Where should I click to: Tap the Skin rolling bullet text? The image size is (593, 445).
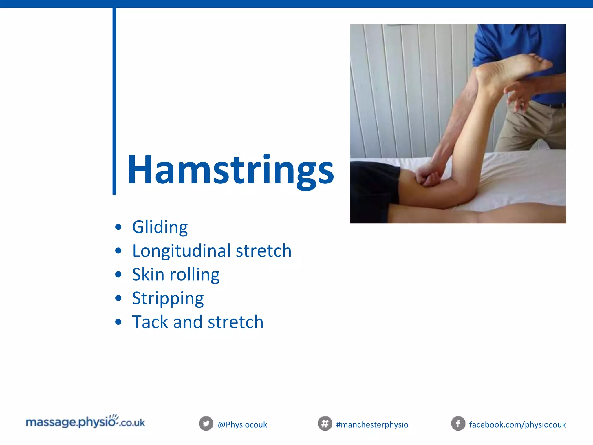click(176, 274)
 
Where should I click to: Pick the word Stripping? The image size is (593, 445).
click(168, 298)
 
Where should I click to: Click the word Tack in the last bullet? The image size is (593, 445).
click(150, 322)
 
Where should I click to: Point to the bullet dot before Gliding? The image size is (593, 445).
click(118, 227)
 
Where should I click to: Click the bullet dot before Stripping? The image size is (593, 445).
click(118, 298)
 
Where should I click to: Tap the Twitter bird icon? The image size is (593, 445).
click(206, 424)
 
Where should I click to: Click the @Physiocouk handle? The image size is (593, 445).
click(242, 425)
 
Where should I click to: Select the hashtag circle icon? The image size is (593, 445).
click(325, 424)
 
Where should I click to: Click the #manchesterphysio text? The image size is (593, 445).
click(372, 425)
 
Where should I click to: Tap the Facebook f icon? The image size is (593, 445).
click(458, 424)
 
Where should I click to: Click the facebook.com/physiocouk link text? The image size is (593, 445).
click(517, 425)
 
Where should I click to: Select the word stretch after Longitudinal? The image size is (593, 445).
click(263, 251)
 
